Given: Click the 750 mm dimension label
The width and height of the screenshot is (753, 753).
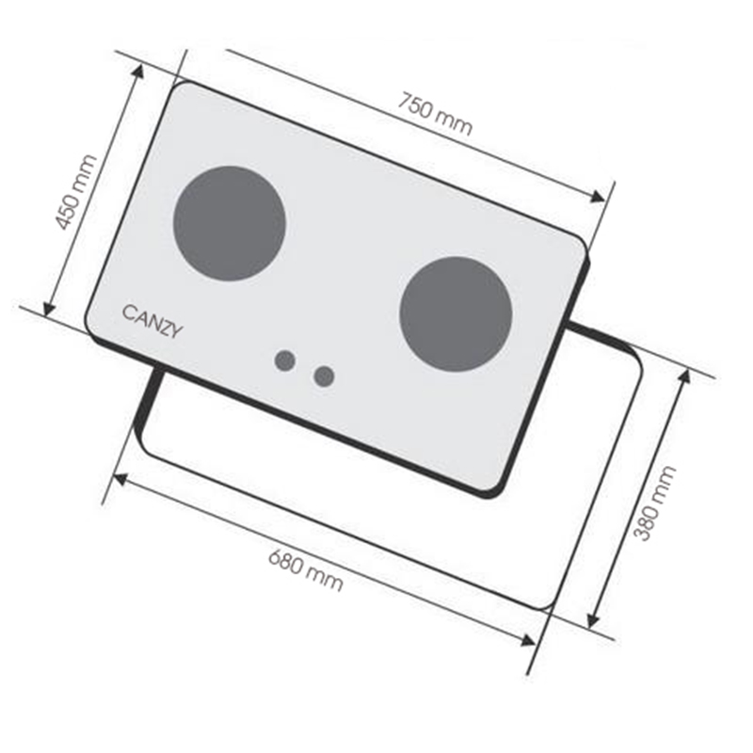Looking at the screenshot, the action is pyautogui.click(x=435, y=114).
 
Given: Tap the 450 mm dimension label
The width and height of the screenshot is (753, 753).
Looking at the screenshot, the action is pyautogui.click(x=76, y=192).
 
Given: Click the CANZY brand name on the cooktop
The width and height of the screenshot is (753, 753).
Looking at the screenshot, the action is pyautogui.click(x=152, y=322).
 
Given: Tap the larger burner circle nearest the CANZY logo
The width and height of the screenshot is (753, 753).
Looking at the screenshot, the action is pyautogui.click(x=230, y=223).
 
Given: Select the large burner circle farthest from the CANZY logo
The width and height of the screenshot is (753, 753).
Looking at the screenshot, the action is pyautogui.click(x=456, y=314).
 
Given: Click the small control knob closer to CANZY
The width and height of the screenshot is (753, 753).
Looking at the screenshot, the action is pyautogui.click(x=285, y=360).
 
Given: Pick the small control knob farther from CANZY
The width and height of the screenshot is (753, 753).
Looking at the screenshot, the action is pyautogui.click(x=324, y=376).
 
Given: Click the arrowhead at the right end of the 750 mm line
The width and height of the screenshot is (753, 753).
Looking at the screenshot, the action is pyautogui.click(x=598, y=197).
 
